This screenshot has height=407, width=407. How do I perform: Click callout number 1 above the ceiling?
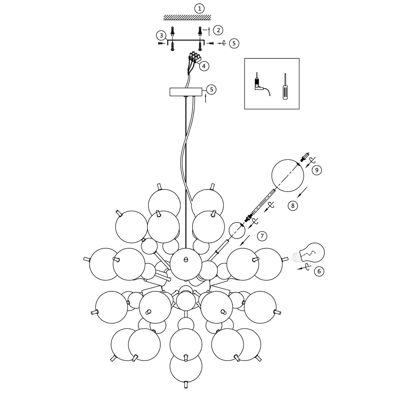click(199, 8)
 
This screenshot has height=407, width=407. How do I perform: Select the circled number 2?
click(219, 30)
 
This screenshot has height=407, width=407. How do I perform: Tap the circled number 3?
click(162, 35)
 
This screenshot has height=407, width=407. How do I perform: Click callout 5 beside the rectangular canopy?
click(211, 89)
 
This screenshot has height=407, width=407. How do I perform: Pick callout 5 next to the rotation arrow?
click(234, 43)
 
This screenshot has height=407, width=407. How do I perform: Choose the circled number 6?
click(319, 271)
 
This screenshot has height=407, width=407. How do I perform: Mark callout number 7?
click(263, 236)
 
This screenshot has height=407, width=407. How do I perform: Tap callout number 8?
click(293, 206)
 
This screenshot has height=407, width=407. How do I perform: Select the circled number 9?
click(317, 170)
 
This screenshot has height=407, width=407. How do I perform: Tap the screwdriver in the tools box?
click(285, 86)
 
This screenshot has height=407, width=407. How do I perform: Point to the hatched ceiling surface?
click(187, 18)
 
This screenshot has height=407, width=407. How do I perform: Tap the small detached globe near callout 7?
click(237, 230)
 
